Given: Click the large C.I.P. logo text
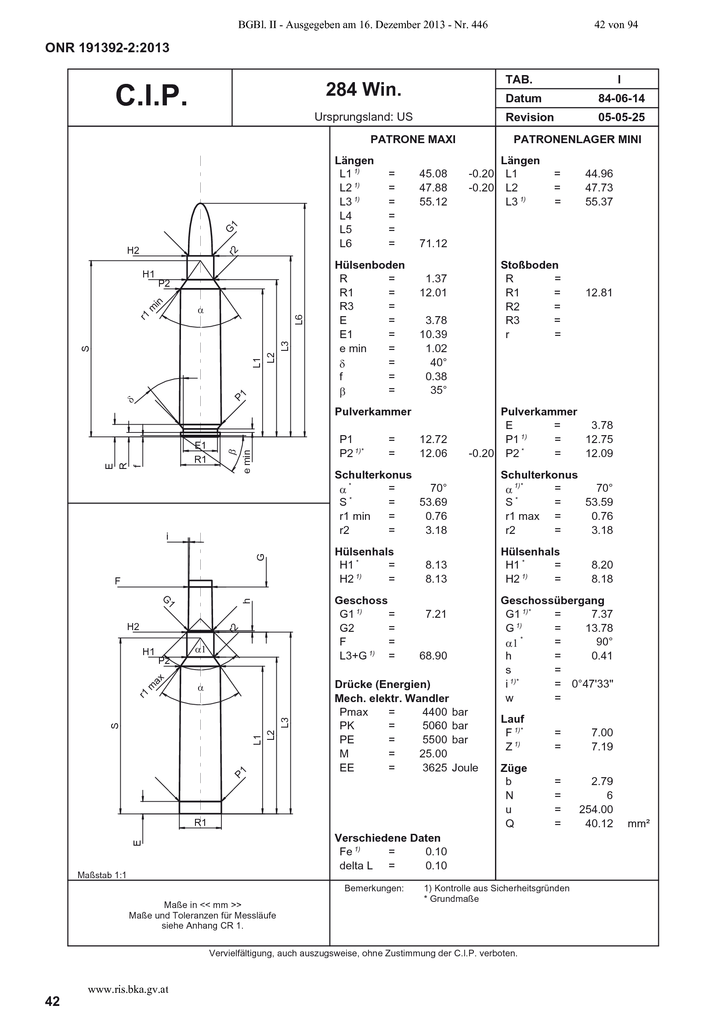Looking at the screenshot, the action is click(151, 95).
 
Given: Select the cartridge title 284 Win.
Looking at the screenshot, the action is click(364, 90).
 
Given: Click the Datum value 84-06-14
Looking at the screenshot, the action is click(621, 98).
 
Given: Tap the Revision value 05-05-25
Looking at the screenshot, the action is click(621, 117).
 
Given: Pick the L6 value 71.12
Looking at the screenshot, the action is click(433, 243).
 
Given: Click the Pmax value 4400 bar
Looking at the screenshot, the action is click(445, 712).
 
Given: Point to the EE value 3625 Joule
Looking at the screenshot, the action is click(451, 768).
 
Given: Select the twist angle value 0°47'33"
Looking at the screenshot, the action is click(592, 684).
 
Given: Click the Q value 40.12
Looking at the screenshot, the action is click(599, 823).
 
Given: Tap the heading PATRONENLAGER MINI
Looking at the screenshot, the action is click(577, 140).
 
